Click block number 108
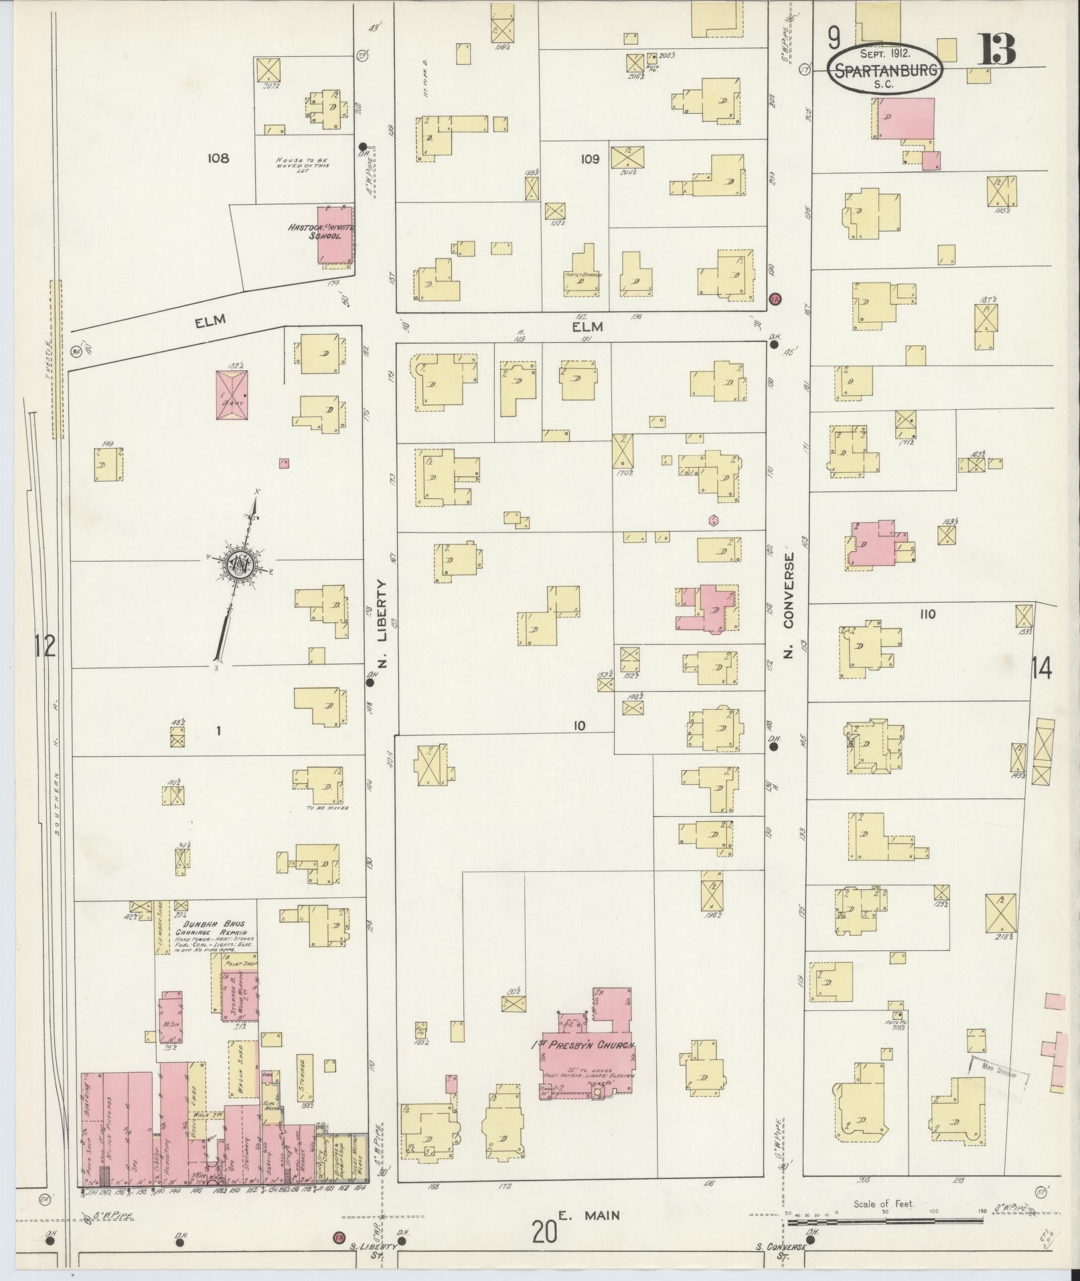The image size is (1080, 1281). pyautogui.click(x=218, y=158)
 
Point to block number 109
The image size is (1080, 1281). pyautogui.click(x=590, y=159)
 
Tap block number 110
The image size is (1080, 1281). pyautogui.click(x=927, y=613)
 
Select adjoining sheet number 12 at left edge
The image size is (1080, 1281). pyautogui.click(x=46, y=646)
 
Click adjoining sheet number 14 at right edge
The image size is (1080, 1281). pyautogui.click(x=1042, y=668)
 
